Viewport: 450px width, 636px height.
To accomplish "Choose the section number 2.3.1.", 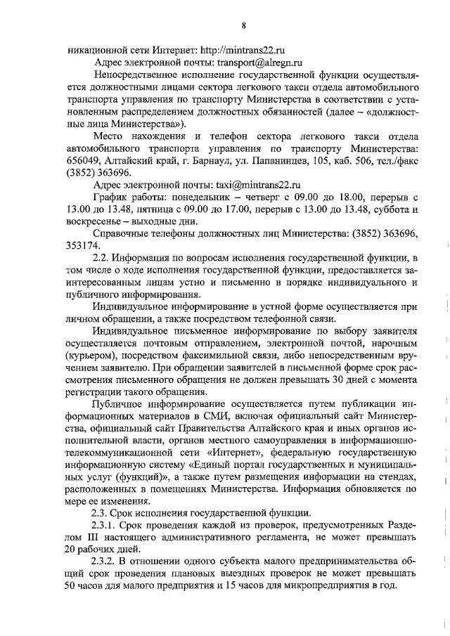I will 105,526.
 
